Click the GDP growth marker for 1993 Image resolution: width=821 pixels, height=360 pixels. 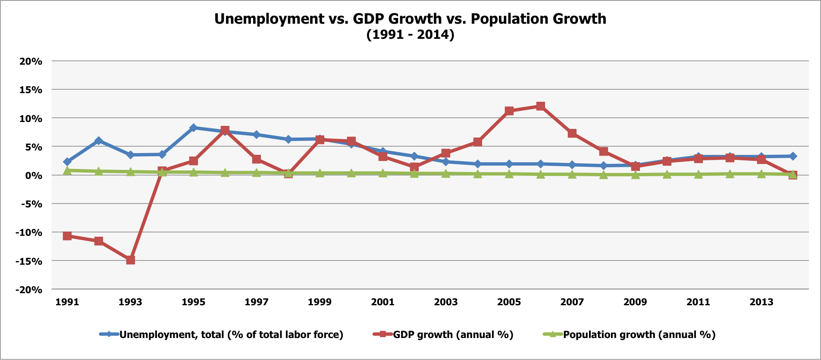130,260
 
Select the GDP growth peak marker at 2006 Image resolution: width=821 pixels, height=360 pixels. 540,106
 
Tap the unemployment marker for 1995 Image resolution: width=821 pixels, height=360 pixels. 193,128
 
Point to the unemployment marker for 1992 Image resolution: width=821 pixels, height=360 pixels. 99,141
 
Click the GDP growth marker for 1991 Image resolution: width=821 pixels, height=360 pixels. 67,236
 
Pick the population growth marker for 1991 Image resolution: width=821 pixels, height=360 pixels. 67,170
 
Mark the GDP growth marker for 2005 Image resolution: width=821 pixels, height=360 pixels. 509,111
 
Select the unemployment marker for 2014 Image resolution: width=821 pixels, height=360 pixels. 793,156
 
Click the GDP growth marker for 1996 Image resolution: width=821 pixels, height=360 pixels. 225,130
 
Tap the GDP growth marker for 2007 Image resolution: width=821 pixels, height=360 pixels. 572,133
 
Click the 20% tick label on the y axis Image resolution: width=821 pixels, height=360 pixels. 31,61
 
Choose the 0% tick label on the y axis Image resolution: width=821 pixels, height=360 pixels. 34,175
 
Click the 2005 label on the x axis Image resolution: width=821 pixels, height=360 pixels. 509,302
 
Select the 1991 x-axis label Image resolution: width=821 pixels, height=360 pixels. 67,302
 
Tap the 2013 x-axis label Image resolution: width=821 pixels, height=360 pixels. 761,302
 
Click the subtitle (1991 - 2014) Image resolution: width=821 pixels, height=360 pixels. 410,34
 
